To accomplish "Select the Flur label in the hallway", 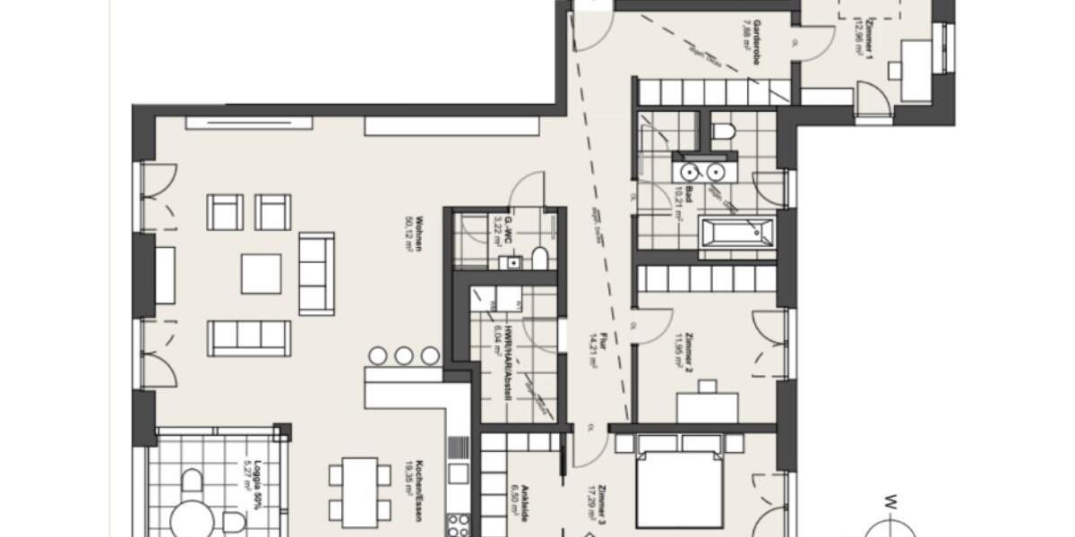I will (x=594, y=345).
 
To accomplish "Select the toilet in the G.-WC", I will (x=539, y=258).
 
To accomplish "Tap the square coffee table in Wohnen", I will (x=261, y=273).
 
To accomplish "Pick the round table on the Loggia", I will (x=193, y=518).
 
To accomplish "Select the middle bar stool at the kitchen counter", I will (x=404, y=355).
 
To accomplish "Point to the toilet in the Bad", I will (x=723, y=132).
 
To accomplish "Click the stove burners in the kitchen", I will (x=459, y=523).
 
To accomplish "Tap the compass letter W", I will (x=892, y=500).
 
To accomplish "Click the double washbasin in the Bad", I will (x=703, y=169).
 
